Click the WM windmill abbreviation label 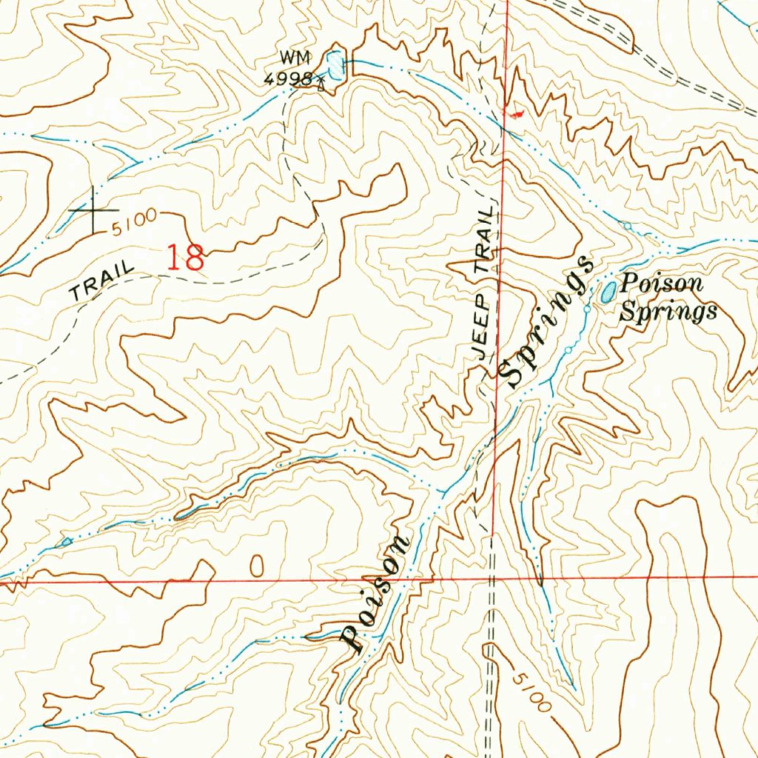click(x=294, y=57)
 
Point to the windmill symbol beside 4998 click(x=321, y=83)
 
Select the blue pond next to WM click(x=337, y=65)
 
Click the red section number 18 click(x=185, y=258)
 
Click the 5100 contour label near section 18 click(x=135, y=219)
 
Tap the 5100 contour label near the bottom click(x=530, y=689)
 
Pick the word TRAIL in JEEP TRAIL click(x=486, y=241)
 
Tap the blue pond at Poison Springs click(x=607, y=292)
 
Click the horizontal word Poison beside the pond click(x=662, y=284)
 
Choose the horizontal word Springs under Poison click(x=668, y=311)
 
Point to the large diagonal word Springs click(x=546, y=322)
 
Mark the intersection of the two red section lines click(x=494, y=578)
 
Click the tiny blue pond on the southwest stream click(x=67, y=543)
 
